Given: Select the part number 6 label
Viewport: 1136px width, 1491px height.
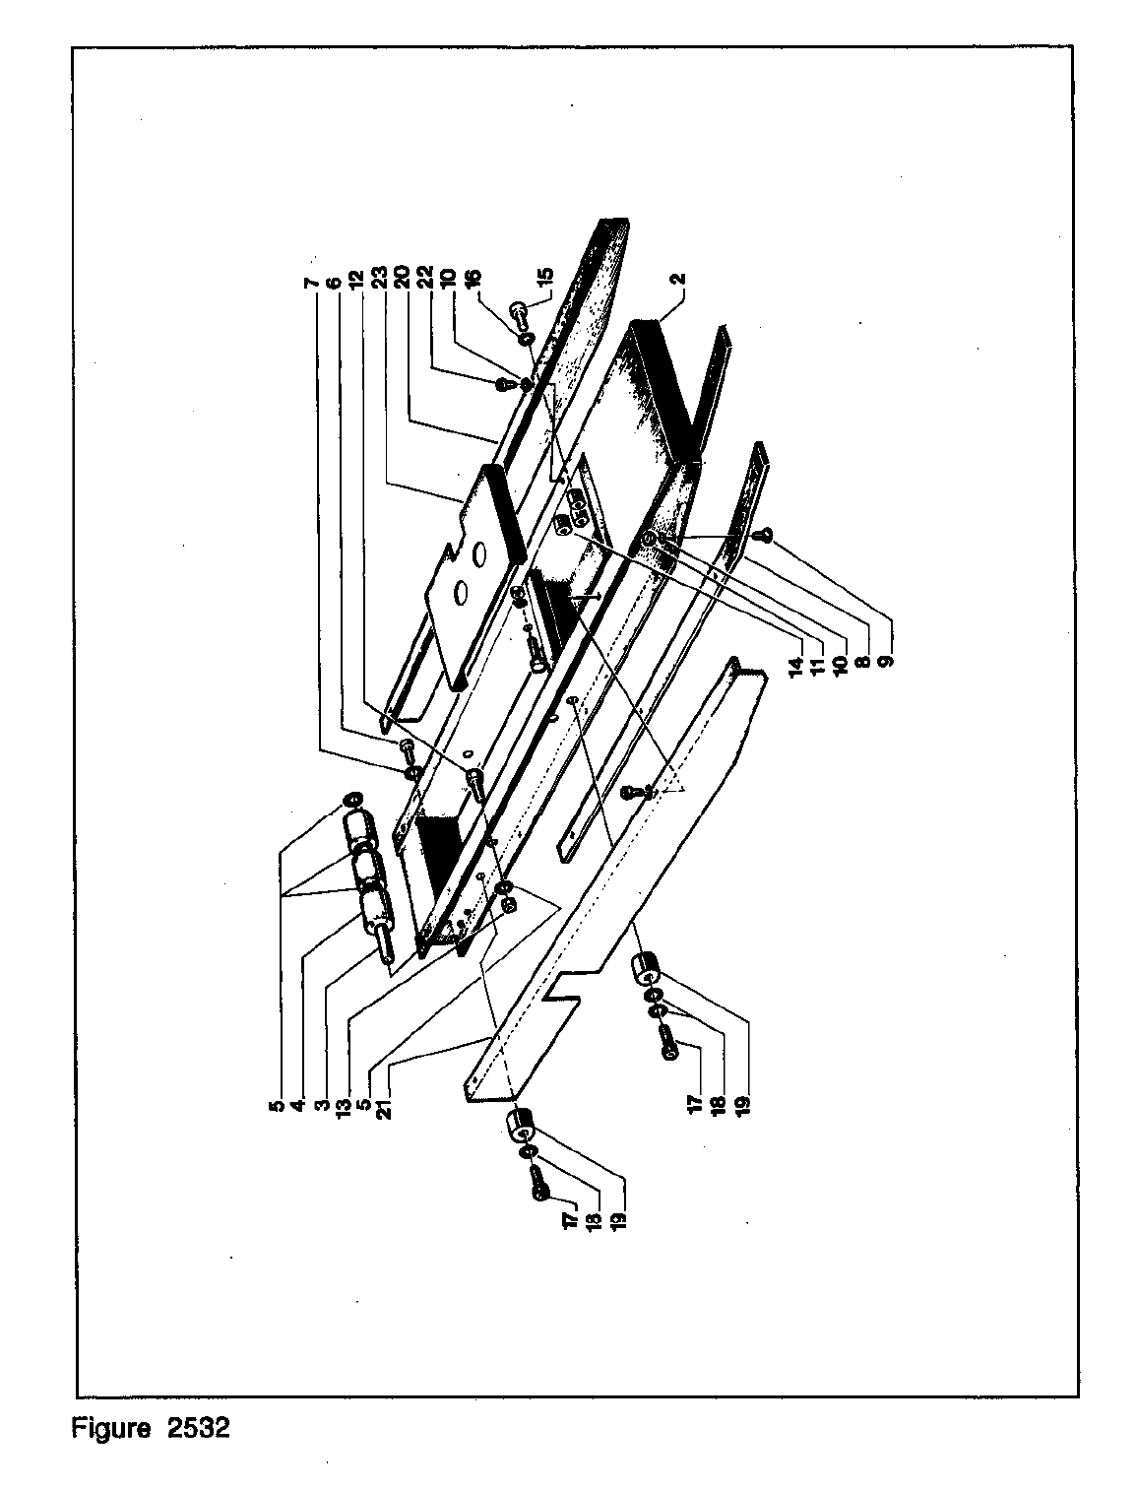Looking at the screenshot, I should click(x=335, y=283).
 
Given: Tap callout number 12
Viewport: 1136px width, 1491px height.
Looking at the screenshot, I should click(x=360, y=281).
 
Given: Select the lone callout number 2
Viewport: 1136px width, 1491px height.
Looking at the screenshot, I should click(x=680, y=279).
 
